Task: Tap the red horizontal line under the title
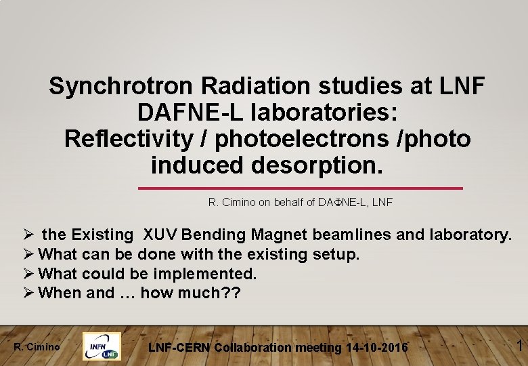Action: pyautogui.click(x=301, y=188)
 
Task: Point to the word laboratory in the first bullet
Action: pyautogui.click(x=468, y=235)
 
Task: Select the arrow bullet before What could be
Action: pyautogui.click(x=28, y=274)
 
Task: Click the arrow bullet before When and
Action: pyautogui.click(x=28, y=293)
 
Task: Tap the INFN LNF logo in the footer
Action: pyautogui.click(x=102, y=346)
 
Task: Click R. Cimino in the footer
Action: pyautogui.click(x=37, y=348)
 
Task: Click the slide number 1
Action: pyautogui.click(x=519, y=346)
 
